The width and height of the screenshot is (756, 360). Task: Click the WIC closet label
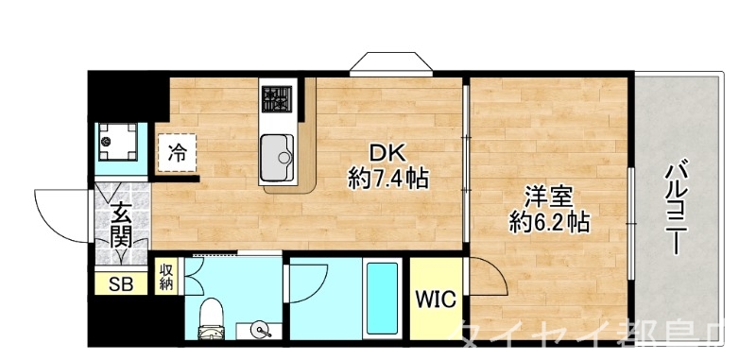click(436, 300)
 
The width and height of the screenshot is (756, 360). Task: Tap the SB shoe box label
click(121, 283)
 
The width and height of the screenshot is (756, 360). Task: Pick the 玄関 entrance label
click(120, 226)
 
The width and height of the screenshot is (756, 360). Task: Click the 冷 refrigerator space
click(177, 152)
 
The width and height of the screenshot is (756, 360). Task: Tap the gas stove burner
click(277, 97)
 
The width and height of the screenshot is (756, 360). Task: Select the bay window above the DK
click(389, 64)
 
